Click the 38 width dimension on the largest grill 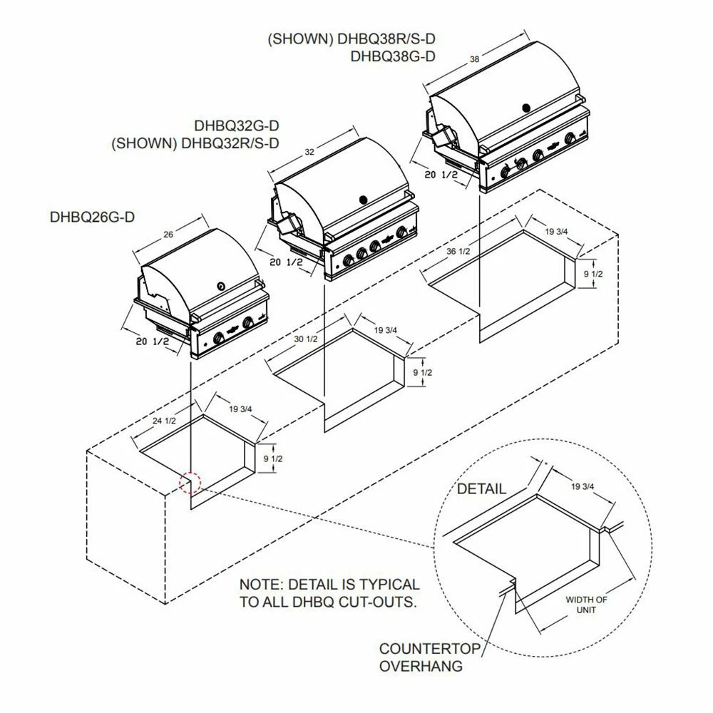coord(475,60)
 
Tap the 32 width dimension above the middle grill coord(309,153)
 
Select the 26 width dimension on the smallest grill coord(168,235)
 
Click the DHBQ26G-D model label coord(92,216)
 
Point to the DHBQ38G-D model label coord(393,57)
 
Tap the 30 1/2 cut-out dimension coord(306,339)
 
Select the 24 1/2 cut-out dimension coord(164,421)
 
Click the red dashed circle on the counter coord(190,483)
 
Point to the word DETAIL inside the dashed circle coord(481,489)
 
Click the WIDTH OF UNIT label coord(587,605)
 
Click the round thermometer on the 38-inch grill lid coord(526,108)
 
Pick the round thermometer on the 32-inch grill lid coord(362,199)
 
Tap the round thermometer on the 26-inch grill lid coord(221,287)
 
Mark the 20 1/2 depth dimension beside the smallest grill coord(152,342)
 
